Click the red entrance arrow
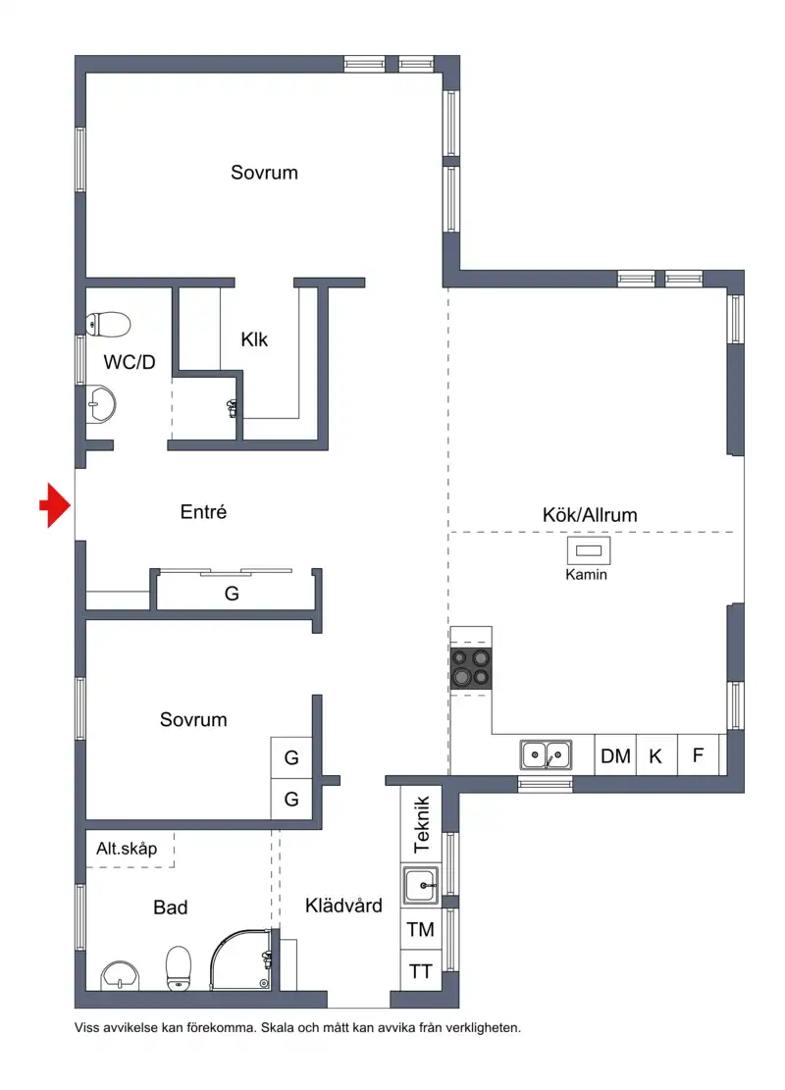(x=55, y=504)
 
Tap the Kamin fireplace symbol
(x=589, y=550)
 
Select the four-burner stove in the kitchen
(x=471, y=668)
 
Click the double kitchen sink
(x=546, y=754)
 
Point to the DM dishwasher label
(x=615, y=755)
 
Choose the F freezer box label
(x=698, y=754)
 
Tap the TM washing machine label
(x=421, y=929)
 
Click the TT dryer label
(x=421, y=971)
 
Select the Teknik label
(x=422, y=824)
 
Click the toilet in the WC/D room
(x=109, y=324)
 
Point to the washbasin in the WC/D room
(x=100, y=404)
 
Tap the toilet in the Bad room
(x=178, y=967)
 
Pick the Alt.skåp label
(x=127, y=848)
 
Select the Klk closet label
(x=254, y=339)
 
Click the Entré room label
(x=203, y=511)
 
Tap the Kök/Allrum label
(x=590, y=515)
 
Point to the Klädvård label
(x=343, y=906)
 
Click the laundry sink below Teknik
(x=420, y=885)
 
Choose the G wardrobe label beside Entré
(x=232, y=593)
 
